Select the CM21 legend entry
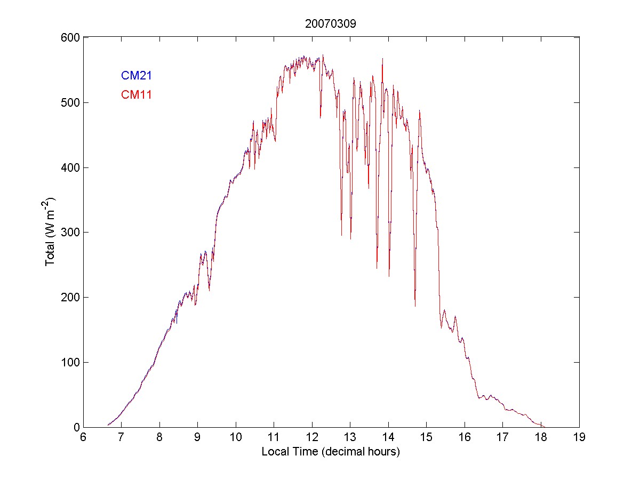coord(137,76)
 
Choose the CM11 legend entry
coord(137,95)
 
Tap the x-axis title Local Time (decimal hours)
coord(331,452)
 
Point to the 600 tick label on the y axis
coord(69,38)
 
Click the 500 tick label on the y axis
coord(69,102)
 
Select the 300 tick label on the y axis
coord(69,233)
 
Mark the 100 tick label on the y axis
coord(69,363)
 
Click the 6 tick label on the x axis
coord(83,437)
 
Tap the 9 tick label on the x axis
coord(197,437)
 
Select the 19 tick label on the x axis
coord(579,437)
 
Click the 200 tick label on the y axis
coord(69,298)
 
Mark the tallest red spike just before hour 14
coord(382,59)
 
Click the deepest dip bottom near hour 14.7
coord(415,306)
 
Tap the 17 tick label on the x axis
coord(502,437)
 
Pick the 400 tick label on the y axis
coord(69,167)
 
